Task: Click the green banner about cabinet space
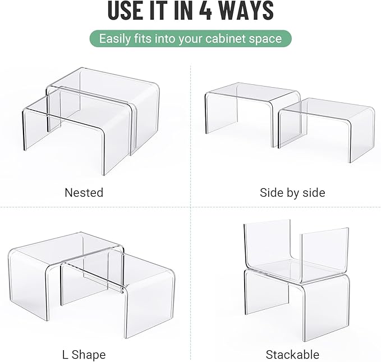(x=191, y=39)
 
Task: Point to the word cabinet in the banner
(x=219, y=39)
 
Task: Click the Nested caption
(x=84, y=192)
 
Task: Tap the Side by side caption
(x=292, y=192)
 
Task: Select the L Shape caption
(x=84, y=354)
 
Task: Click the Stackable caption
(x=292, y=354)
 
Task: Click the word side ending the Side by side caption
(x=313, y=192)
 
